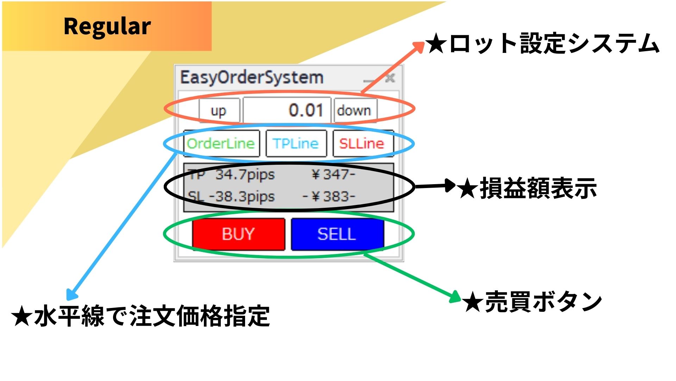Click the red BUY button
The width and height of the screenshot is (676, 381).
(x=238, y=234)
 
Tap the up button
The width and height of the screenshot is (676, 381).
(x=219, y=111)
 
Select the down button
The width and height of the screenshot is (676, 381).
(x=355, y=111)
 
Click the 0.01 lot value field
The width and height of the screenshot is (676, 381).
(x=287, y=110)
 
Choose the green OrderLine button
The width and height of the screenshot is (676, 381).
(x=221, y=144)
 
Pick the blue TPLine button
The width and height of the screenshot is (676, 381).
(x=296, y=144)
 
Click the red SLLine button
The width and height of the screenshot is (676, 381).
(x=362, y=144)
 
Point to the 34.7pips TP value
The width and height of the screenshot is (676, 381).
(x=245, y=175)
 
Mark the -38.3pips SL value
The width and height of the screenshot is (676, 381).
(x=242, y=196)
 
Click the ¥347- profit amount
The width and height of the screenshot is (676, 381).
(x=333, y=175)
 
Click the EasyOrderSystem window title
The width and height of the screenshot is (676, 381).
(x=252, y=78)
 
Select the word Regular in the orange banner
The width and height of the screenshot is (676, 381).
(x=107, y=26)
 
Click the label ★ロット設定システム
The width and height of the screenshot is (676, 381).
(x=542, y=44)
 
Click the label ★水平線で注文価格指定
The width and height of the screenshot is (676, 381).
(x=141, y=316)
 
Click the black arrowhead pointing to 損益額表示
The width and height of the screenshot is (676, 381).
(x=450, y=186)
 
